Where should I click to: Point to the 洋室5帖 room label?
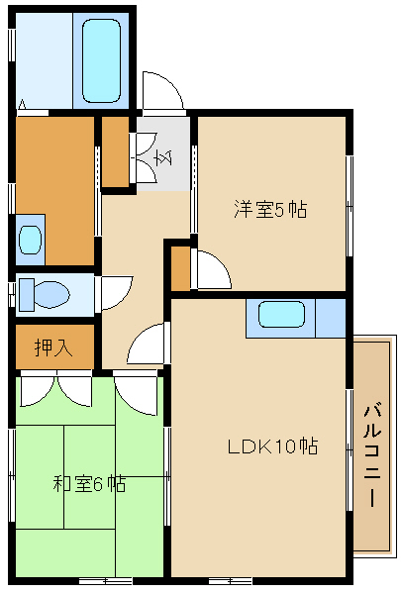(x=270, y=209)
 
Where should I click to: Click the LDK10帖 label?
(x=272, y=445)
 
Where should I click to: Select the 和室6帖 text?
(x=88, y=484)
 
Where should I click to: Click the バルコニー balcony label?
(x=373, y=455)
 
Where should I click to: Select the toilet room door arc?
(x=117, y=293)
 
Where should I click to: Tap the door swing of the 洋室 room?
(x=212, y=268)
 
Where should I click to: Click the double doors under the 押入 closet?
(x=54, y=388)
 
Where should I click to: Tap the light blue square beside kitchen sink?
(x=330, y=317)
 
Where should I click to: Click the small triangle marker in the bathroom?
(x=23, y=103)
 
